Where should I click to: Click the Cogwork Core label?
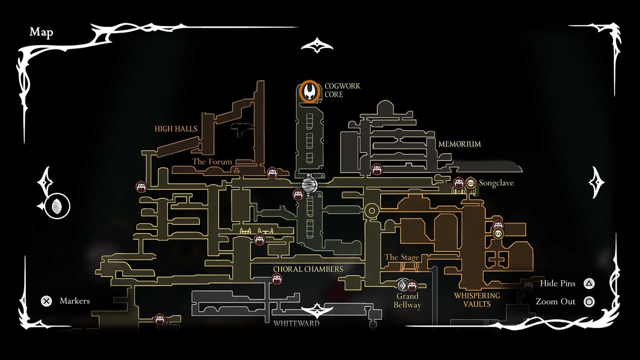[x=342, y=90]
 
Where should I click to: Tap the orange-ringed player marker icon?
[x=310, y=92]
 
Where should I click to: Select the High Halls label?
[x=176, y=129]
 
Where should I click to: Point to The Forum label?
[x=212, y=161]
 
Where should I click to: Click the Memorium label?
[x=459, y=144]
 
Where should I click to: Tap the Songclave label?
[x=496, y=183]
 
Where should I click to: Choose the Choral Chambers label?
[x=308, y=269]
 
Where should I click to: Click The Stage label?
[x=401, y=257]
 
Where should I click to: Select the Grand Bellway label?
[x=407, y=301]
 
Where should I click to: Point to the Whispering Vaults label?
[x=477, y=300]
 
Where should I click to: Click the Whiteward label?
[x=296, y=324]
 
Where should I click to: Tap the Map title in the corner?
[x=41, y=32]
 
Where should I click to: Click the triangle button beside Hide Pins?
[x=589, y=284]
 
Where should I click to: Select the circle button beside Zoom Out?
[x=589, y=301]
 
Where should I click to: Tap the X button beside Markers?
[x=47, y=301]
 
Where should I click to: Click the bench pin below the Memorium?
[x=377, y=170]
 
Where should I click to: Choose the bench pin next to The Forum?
[x=272, y=173]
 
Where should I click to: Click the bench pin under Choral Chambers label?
[x=277, y=279]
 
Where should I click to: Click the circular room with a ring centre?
[x=372, y=211]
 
